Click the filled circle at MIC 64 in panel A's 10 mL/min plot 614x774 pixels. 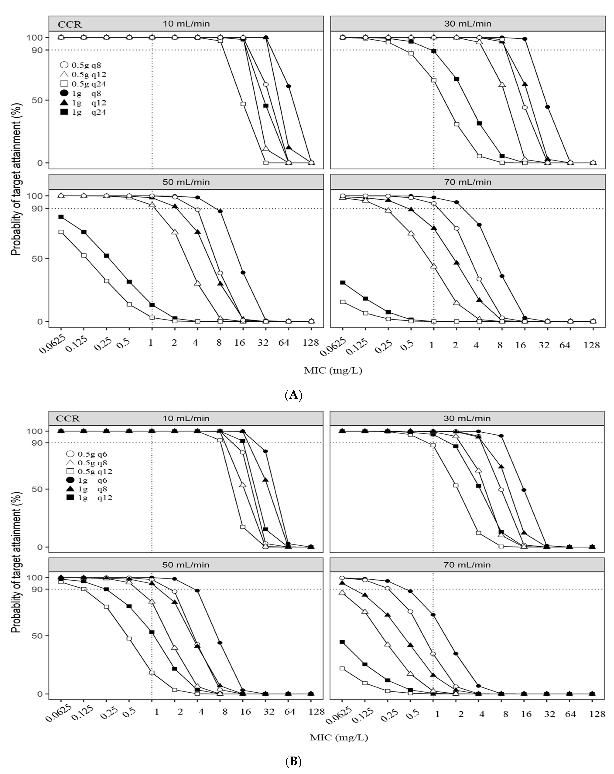288,86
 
